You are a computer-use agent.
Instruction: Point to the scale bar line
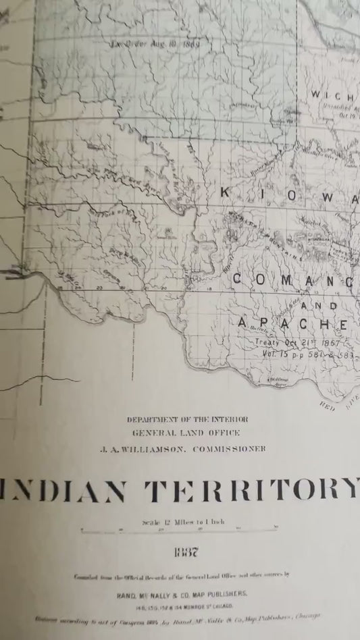point(180,531)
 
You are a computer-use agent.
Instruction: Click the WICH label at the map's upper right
point(332,95)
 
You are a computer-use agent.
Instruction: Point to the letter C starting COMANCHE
point(239,278)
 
